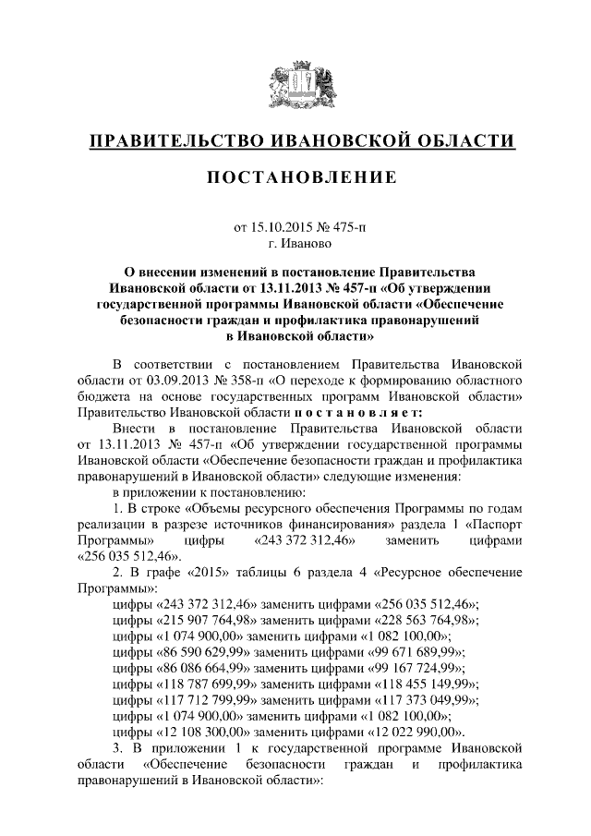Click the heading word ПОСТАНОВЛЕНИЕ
(x=295, y=176)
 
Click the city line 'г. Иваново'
(x=295, y=244)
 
